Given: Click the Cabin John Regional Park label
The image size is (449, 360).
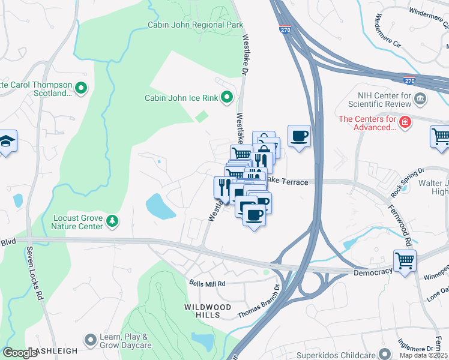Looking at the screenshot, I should point(196,25).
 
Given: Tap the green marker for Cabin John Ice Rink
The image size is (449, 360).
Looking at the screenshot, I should point(227,97).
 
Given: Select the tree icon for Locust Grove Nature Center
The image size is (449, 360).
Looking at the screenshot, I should point(112,223).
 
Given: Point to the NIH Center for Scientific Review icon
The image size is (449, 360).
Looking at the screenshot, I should point(420,98).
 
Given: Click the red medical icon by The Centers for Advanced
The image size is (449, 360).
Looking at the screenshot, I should point(406,122).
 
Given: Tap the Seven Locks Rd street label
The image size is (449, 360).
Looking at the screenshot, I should point(34,272).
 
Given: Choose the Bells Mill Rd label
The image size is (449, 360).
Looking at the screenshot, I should point(207,283).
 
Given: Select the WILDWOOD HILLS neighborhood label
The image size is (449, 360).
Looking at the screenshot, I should point(208,307).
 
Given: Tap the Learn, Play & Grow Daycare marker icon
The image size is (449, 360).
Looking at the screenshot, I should point(91,340).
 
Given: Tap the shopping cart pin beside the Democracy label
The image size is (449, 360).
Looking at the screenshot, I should point(405,261).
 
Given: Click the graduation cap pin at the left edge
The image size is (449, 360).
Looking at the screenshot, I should point(7,142).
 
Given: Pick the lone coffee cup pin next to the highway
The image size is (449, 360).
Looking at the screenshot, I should point(299,136).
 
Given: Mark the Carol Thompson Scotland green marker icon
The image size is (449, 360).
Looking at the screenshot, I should point(80,89).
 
